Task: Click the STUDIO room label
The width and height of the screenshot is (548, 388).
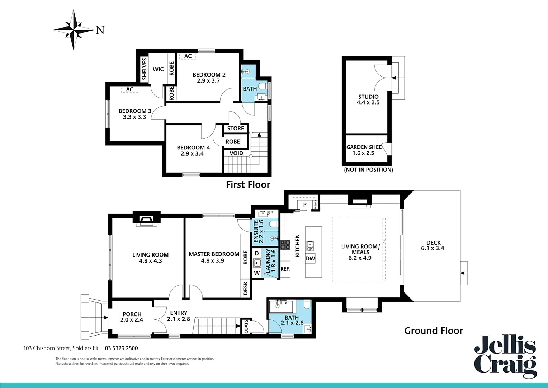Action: (x=368, y=97)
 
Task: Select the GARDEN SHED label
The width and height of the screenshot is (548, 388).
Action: (x=364, y=147)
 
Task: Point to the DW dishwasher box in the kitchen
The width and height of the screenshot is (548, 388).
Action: (x=310, y=258)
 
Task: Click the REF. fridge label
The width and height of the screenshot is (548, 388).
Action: (x=285, y=269)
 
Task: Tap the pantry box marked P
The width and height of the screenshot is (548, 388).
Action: (x=305, y=205)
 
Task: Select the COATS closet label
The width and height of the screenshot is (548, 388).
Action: (x=246, y=326)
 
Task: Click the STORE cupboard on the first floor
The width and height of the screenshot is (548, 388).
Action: (x=235, y=128)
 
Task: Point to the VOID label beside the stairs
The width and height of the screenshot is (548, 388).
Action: (x=236, y=153)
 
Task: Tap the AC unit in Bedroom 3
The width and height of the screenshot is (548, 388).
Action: (x=129, y=89)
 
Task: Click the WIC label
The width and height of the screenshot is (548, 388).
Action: (x=158, y=69)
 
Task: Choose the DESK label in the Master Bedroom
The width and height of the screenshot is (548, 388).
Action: (x=245, y=288)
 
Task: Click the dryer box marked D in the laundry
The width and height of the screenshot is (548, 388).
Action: (x=256, y=253)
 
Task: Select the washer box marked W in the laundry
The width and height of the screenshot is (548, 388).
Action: (x=257, y=273)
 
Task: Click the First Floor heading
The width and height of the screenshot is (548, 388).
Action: (x=248, y=184)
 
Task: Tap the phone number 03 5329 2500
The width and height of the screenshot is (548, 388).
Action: (x=121, y=348)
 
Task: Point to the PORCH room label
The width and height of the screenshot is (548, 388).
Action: (x=132, y=314)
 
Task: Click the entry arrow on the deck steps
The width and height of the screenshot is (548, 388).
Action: (x=463, y=273)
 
